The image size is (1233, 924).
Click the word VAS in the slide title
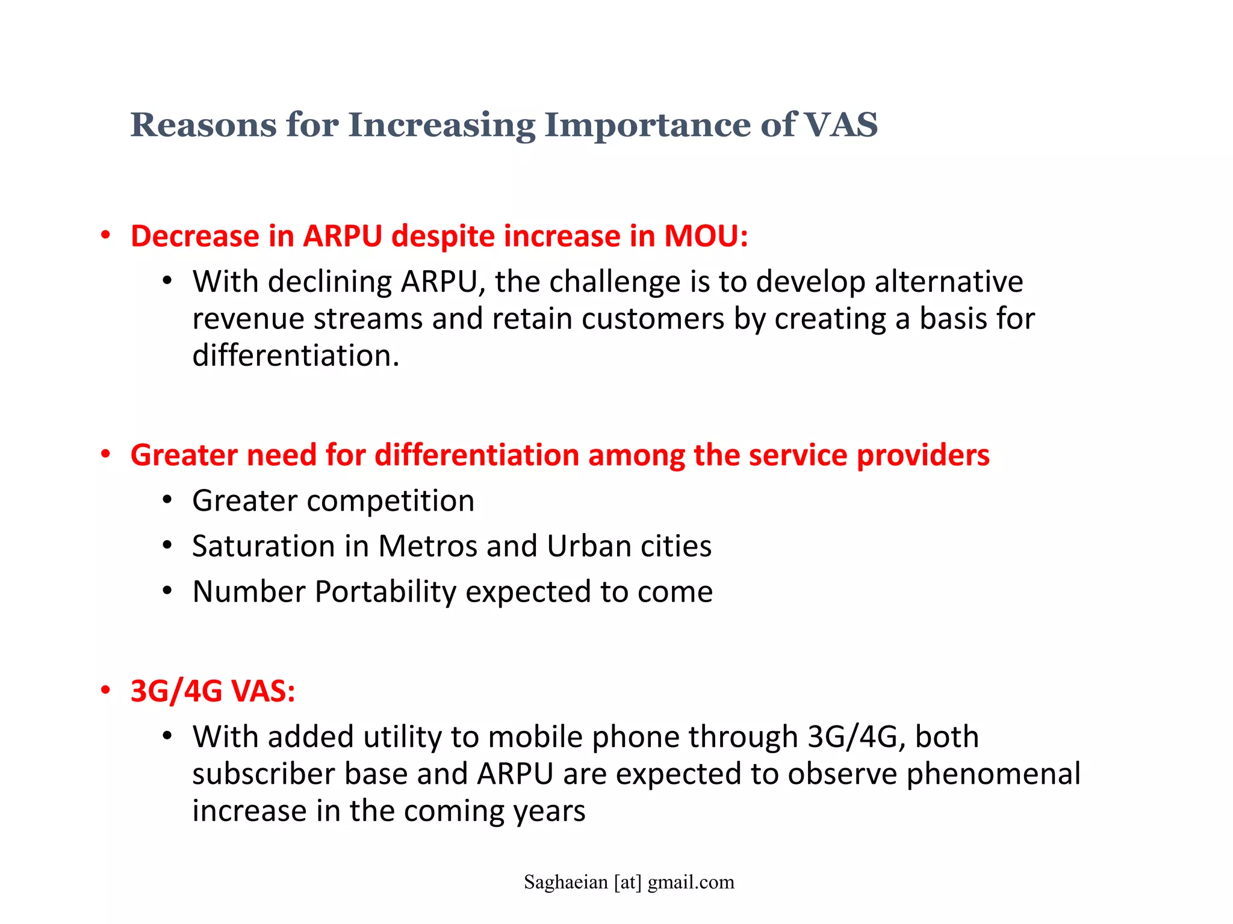(x=840, y=125)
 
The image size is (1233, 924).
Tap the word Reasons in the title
(x=203, y=125)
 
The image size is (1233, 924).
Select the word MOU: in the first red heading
(x=706, y=236)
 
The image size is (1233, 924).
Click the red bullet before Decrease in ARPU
(x=106, y=236)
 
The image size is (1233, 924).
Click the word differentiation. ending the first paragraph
(x=296, y=356)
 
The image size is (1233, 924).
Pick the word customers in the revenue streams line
(x=653, y=319)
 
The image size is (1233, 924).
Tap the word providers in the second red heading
(x=923, y=455)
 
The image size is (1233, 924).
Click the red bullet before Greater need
(x=106, y=455)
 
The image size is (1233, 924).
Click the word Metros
(x=427, y=546)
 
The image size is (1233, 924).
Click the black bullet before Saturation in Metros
(x=167, y=546)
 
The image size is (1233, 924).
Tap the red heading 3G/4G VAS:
(x=213, y=691)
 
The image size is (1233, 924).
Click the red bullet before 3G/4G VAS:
(x=106, y=691)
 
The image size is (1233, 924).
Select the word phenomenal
(x=993, y=774)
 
